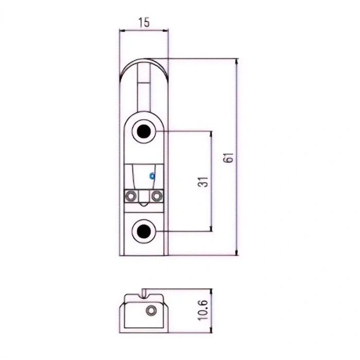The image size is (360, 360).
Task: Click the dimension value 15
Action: [x=144, y=22]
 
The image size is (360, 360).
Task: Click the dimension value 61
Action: [x=228, y=157]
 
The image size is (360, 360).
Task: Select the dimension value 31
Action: [x=203, y=182]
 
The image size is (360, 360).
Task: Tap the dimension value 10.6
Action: [x=203, y=310]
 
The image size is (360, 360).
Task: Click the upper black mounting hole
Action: [x=143, y=131]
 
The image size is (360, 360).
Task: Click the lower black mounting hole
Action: [x=143, y=231]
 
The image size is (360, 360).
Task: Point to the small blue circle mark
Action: [x=152, y=176]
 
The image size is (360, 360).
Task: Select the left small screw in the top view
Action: [x=131, y=196]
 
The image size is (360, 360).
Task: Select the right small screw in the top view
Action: [x=156, y=196]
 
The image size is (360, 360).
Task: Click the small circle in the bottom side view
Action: [x=151, y=311]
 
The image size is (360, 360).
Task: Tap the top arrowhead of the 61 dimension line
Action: [x=237, y=62]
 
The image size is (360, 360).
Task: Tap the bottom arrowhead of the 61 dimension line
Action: [x=237, y=253]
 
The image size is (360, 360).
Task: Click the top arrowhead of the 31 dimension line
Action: [x=211, y=134]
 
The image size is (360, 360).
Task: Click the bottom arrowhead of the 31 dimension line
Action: [x=211, y=228]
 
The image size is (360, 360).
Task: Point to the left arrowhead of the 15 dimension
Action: [x=122, y=30]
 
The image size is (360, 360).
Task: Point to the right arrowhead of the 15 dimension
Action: [x=165, y=30]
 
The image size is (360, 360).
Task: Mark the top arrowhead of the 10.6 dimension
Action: [x=211, y=292]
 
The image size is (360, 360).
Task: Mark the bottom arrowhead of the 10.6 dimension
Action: [x=211, y=330]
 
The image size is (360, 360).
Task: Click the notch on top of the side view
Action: [x=144, y=294]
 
